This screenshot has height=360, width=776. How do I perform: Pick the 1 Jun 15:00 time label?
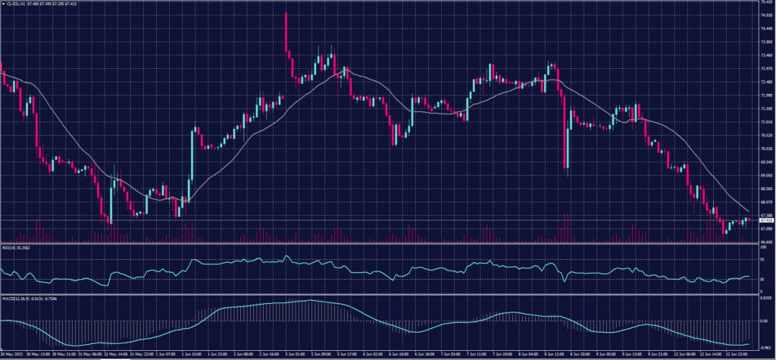coord(190,353)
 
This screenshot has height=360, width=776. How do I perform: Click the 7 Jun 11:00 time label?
coord(479,353)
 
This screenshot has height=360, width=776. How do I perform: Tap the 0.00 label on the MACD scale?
coord(763,321)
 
